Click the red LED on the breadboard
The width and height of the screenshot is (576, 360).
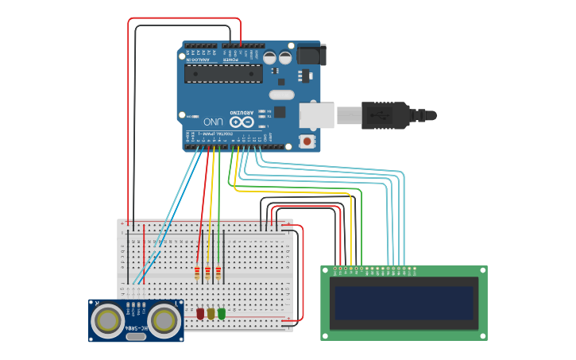[200, 314]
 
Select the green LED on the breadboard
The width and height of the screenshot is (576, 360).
[222, 314]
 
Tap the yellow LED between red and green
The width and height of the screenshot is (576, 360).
[211, 314]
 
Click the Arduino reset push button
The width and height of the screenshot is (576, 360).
[307, 141]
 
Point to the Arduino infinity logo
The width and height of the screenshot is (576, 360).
[242, 122]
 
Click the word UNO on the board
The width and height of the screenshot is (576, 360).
[212, 122]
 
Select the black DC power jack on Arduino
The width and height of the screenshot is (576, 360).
[311, 56]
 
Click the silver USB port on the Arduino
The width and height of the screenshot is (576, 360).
[315, 115]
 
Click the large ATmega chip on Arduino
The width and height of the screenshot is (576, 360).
[223, 74]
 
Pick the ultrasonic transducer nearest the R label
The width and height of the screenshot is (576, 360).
[106, 319]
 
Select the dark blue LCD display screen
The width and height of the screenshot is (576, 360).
[404, 302]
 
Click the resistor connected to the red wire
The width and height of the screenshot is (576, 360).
[197, 273]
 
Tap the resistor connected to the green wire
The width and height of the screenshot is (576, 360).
[218, 273]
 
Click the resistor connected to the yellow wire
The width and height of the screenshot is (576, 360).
[208, 273]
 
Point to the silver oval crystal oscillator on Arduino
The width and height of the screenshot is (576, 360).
[281, 95]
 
